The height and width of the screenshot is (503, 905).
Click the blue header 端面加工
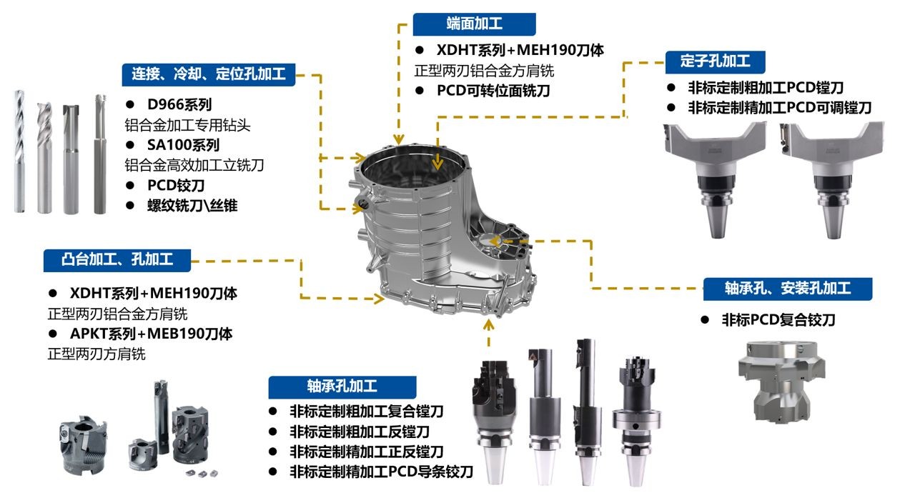point(475,24)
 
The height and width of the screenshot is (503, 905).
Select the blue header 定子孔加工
point(715,61)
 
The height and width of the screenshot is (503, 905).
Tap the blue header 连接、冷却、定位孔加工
point(209,74)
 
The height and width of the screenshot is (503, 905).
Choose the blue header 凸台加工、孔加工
point(117,260)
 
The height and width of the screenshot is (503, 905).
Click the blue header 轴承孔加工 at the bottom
point(342,387)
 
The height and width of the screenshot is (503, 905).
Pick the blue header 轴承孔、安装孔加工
point(788,289)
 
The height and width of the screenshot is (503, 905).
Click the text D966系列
point(179,105)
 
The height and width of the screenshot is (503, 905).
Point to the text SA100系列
point(183,145)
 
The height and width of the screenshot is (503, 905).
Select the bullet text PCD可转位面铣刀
point(493,91)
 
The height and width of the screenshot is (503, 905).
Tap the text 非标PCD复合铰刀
point(778,319)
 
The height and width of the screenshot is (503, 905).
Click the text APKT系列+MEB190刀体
point(151,334)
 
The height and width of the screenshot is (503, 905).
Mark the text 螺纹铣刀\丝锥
point(192,206)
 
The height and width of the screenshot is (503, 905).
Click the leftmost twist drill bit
point(19,151)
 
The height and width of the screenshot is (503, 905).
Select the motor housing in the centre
point(442,228)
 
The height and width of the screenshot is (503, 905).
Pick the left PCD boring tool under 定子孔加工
point(715,179)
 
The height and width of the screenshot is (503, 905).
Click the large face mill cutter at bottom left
point(84,444)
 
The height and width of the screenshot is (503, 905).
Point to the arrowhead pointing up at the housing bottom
point(489,324)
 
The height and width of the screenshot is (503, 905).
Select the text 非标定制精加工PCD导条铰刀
point(382,472)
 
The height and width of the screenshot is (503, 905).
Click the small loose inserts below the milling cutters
point(202,473)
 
